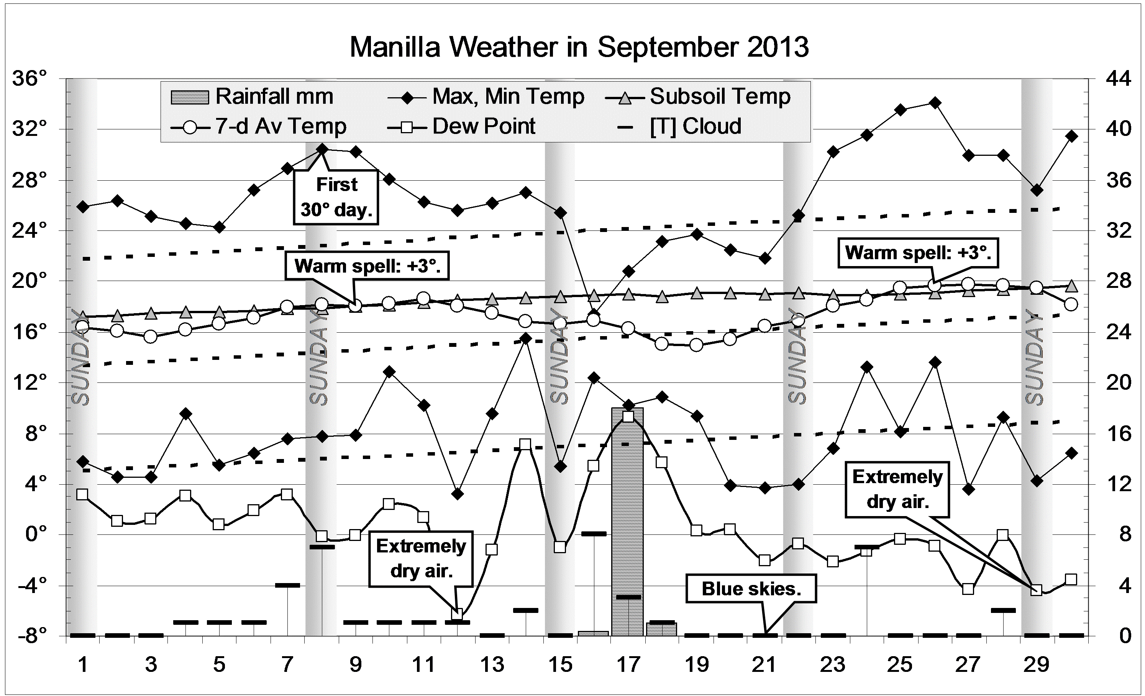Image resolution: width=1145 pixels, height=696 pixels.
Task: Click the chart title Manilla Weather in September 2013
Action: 579,47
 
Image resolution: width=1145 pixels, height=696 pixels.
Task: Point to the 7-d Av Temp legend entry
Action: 259,126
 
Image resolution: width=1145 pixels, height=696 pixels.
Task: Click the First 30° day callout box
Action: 336,197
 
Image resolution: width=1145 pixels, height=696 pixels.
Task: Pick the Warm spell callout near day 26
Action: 918,253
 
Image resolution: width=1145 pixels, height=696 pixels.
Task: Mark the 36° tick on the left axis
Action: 30,78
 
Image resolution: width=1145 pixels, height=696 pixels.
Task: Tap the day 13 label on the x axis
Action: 492,665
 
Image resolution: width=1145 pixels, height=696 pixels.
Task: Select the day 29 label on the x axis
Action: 1036,665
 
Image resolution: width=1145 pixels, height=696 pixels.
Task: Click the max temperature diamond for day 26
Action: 935,103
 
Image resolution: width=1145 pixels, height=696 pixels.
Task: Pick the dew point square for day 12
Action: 457,614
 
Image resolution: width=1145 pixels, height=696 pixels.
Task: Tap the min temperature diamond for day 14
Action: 526,338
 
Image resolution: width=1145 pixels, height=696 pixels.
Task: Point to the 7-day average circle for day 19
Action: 696,345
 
